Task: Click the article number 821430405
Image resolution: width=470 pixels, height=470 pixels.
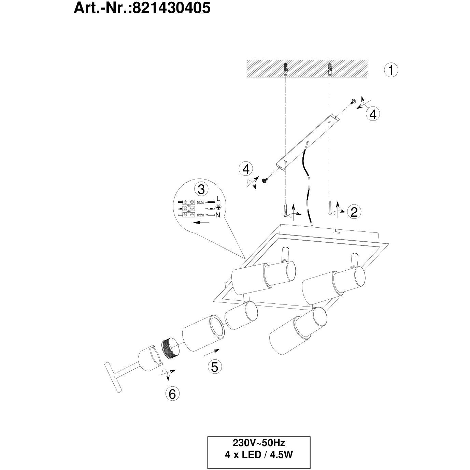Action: (171, 8)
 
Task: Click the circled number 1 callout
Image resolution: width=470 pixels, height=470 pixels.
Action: (391, 70)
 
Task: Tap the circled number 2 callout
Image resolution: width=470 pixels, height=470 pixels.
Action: (354, 212)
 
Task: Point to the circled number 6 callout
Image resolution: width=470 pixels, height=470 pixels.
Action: (172, 394)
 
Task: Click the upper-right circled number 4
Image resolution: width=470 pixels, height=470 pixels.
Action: (373, 114)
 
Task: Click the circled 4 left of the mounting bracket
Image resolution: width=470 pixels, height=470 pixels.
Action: (246, 169)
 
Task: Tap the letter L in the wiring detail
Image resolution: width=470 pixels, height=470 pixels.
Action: (218, 199)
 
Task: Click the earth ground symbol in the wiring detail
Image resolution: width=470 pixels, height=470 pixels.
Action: (219, 206)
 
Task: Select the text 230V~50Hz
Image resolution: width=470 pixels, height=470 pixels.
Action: (259, 443)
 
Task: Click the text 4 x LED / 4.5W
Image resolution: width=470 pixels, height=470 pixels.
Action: (259, 455)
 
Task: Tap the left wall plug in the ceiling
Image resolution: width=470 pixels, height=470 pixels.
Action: (286, 70)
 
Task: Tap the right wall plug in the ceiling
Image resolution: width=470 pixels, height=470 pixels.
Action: (329, 70)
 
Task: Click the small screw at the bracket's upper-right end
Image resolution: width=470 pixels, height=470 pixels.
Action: (353, 101)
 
